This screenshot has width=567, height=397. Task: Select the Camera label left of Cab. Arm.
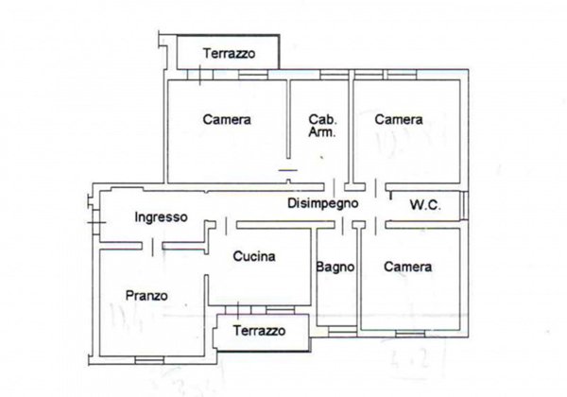click(x=227, y=120)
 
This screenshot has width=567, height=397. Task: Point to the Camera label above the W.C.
click(x=397, y=120)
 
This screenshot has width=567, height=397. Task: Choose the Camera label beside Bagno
click(x=407, y=268)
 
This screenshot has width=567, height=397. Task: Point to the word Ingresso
click(x=161, y=216)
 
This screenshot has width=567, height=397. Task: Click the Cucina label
click(x=254, y=256)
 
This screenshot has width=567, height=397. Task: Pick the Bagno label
click(x=335, y=268)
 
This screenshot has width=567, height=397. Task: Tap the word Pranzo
click(x=146, y=296)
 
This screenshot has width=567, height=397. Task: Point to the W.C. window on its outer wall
click(x=465, y=204)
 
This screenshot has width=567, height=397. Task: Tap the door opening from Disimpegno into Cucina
click(x=221, y=224)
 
